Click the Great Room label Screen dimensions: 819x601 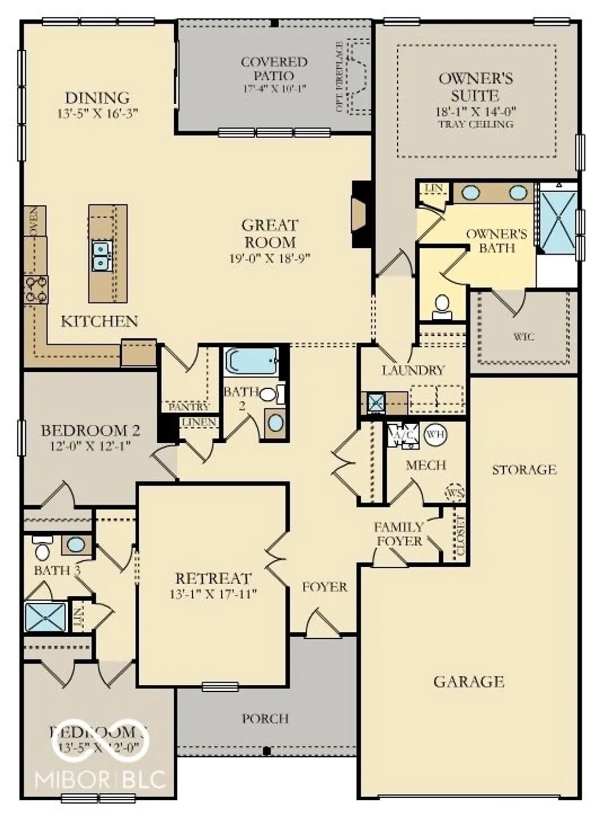tap(269, 233)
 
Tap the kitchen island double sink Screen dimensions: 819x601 tap(101, 256)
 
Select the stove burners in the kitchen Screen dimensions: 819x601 tap(36, 289)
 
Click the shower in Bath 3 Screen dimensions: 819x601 tap(46, 616)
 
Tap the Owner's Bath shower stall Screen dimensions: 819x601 tap(558, 218)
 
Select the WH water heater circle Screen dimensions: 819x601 tap(435, 435)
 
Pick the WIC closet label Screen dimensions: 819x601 tap(523, 337)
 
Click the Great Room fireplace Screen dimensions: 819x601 tap(360, 214)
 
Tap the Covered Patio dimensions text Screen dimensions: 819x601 tap(274, 88)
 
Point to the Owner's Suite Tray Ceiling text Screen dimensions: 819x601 tap(475, 124)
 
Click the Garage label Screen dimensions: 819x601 tap(468, 681)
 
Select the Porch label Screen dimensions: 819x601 tap(265, 719)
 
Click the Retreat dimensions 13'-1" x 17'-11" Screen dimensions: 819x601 tap(213, 594)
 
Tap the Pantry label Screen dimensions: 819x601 tap(188, 407)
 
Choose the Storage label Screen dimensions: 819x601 tap(524, 470)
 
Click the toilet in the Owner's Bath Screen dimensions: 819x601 tap(441, 306)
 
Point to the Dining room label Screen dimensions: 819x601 tap(97, 98)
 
